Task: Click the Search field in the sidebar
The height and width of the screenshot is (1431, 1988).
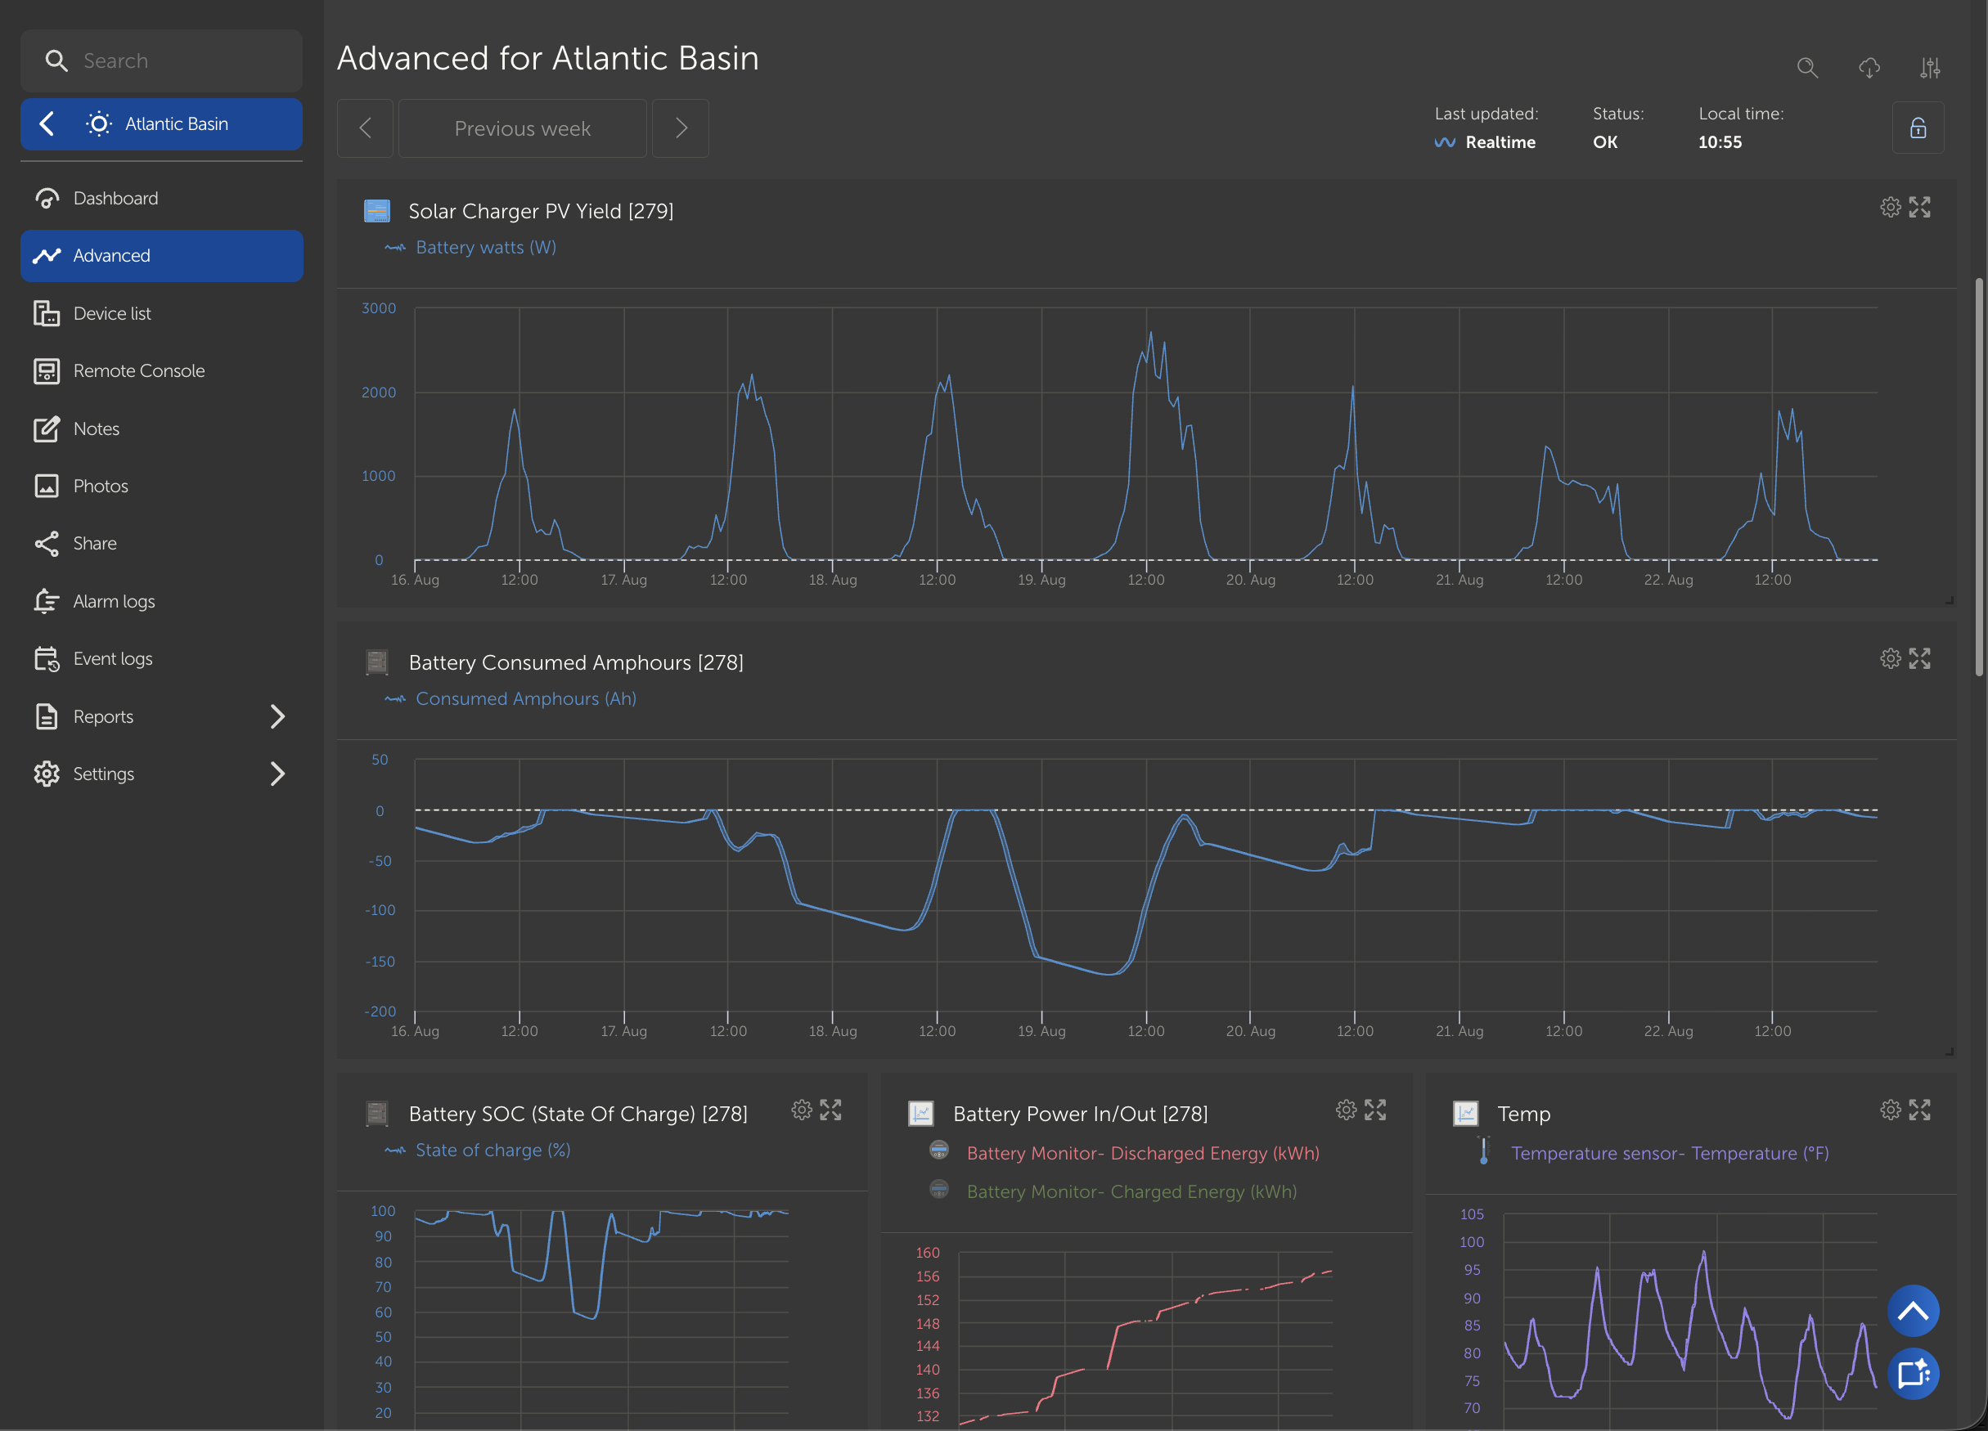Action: [161, 61]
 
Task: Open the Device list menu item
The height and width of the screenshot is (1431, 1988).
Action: [112, 313]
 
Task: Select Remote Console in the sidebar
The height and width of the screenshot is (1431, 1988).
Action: [138, 370]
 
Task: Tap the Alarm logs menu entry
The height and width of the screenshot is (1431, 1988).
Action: [114, 601]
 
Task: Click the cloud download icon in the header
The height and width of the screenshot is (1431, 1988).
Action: [1869, 68]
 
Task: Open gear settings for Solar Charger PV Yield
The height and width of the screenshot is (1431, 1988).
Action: [1890, 208]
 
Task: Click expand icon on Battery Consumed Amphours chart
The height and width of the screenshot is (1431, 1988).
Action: [1919, 659]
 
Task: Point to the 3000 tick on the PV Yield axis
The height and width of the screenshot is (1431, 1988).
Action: [379, 308]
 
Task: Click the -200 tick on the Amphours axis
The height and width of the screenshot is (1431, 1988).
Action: [380, 1012]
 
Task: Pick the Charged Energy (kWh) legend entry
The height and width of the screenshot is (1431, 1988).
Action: [1131, 1191]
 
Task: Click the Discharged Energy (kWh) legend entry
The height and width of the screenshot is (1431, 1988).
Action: [1143, 1153]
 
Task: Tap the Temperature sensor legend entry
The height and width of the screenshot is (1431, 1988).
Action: [1670, 1153]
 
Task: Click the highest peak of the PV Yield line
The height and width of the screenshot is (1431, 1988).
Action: [1151, 332]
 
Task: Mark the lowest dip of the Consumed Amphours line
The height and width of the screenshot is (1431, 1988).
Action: [1109, 975]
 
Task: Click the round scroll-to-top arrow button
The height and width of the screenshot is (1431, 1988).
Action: [1913, 1311]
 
